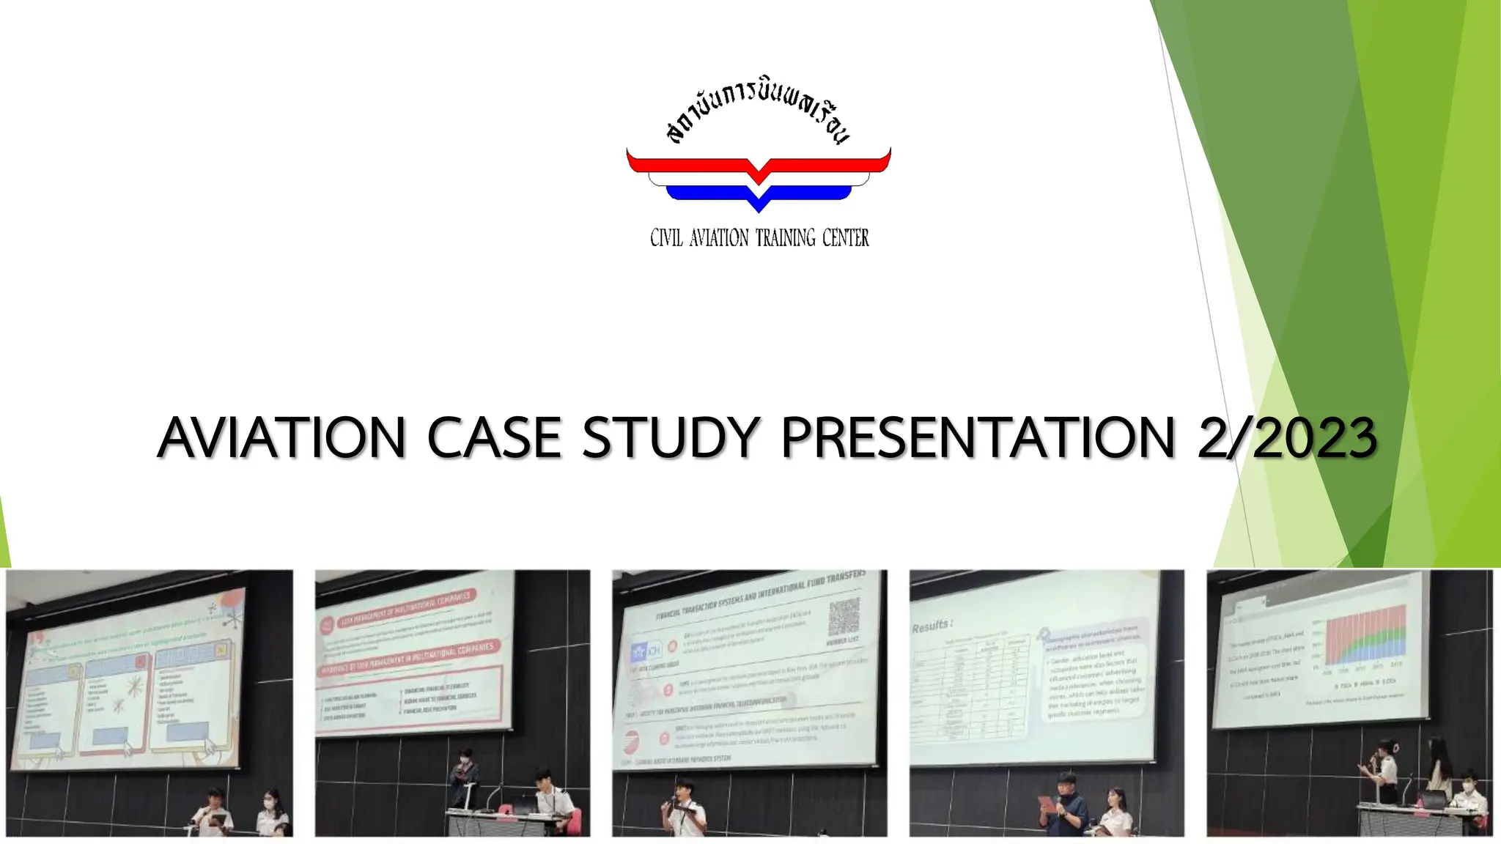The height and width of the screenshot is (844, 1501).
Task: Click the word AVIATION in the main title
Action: coord(281,438)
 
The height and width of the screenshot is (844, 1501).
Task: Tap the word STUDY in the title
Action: coord(669,438)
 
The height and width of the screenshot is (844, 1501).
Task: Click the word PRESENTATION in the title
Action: coord(978,438)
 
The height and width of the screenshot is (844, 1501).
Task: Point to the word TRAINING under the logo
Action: coord(785,238)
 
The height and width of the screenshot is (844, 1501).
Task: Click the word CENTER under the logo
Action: coord(845,238)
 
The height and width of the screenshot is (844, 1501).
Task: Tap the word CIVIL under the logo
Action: coord(666,238)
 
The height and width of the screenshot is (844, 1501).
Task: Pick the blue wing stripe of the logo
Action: coord(759,194)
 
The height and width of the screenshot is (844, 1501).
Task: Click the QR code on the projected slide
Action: coord(843,618)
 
